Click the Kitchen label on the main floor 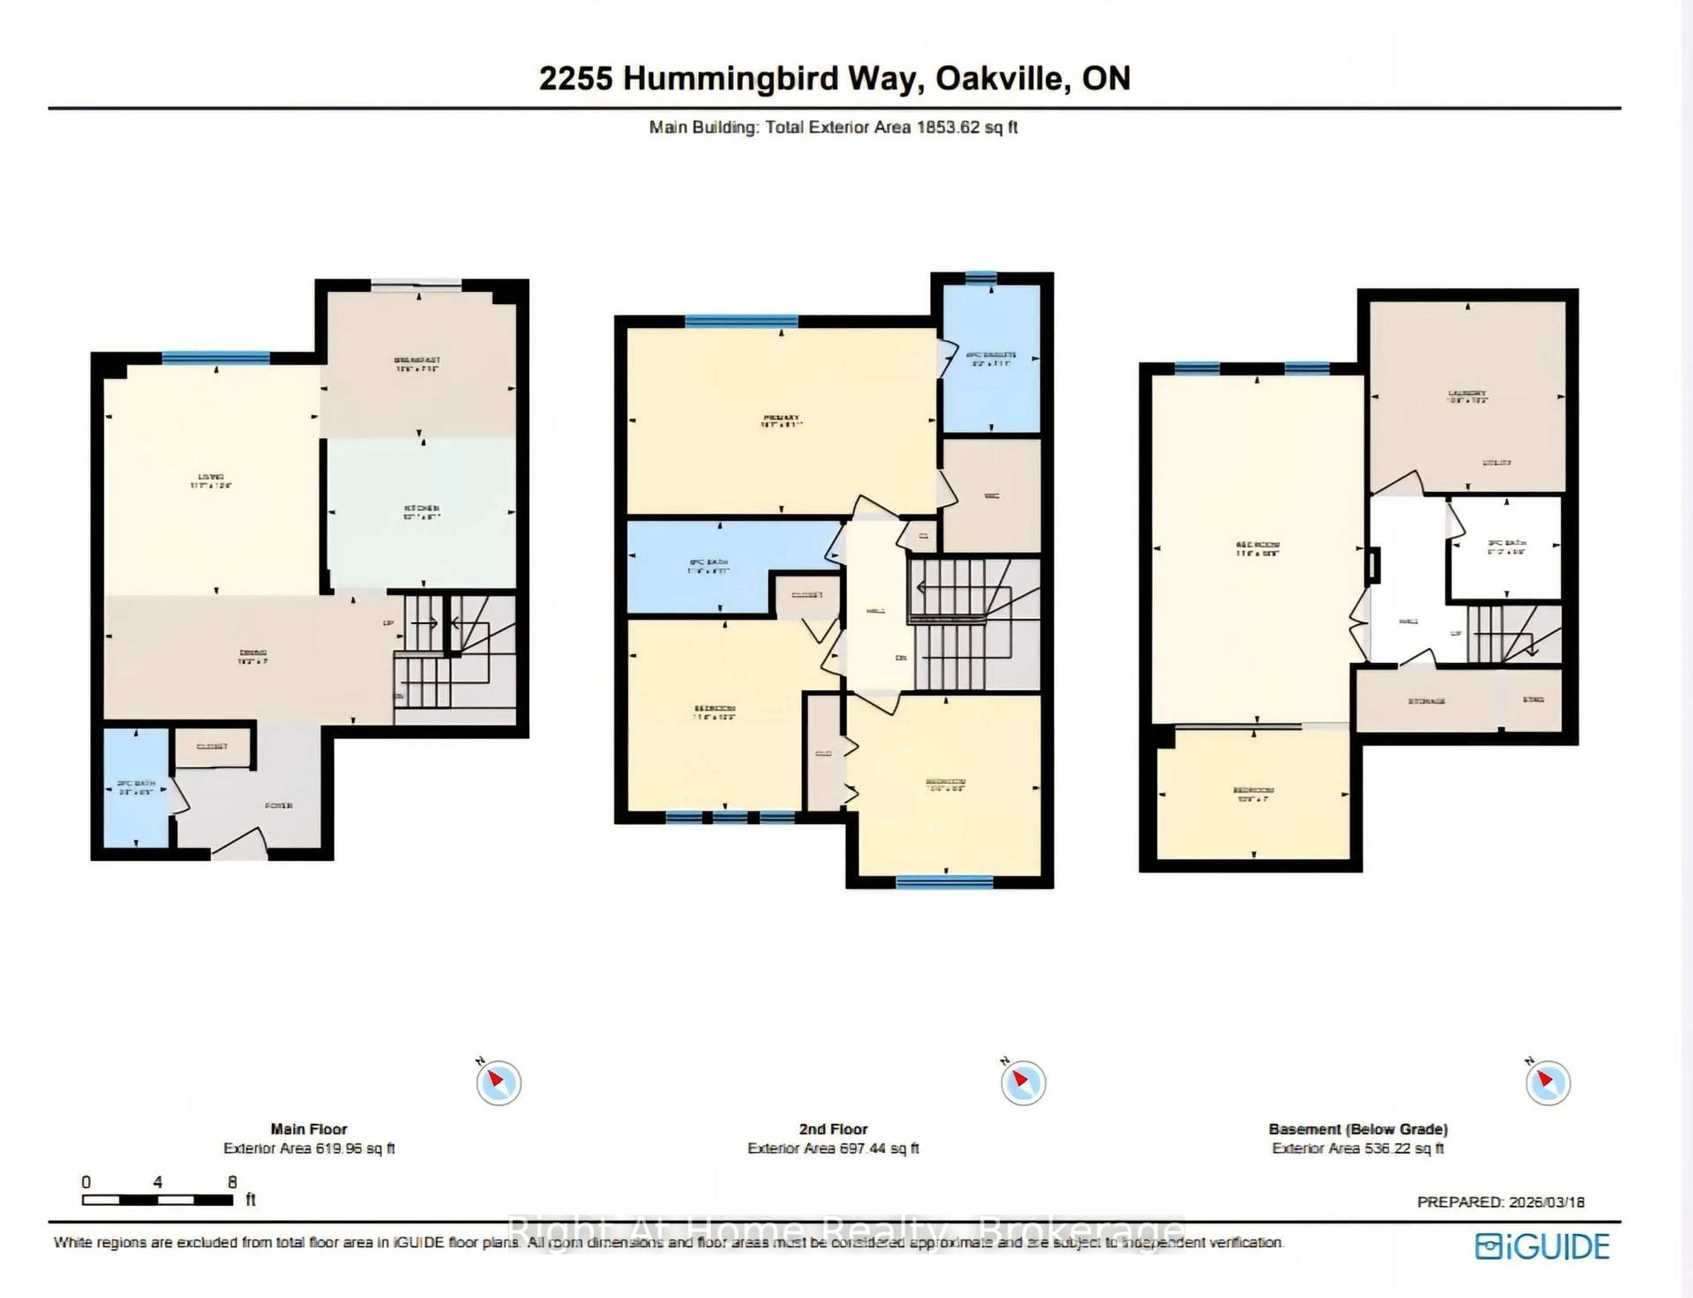click(x=422, y=508)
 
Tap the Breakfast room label click(x=418, y=360)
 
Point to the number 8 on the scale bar click(x=232, y=1182)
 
